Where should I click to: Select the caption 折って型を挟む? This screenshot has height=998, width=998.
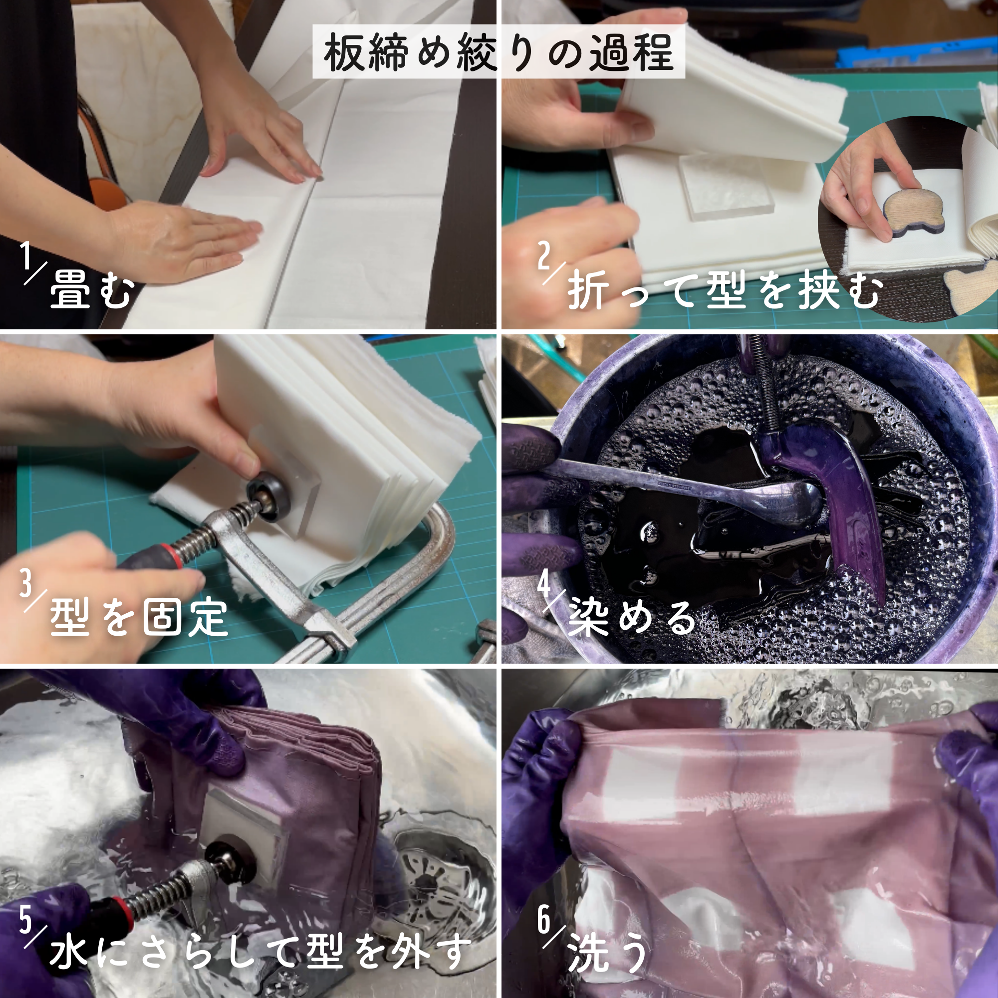tap(725, 291)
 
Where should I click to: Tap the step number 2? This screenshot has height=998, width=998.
tap(544, 255)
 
